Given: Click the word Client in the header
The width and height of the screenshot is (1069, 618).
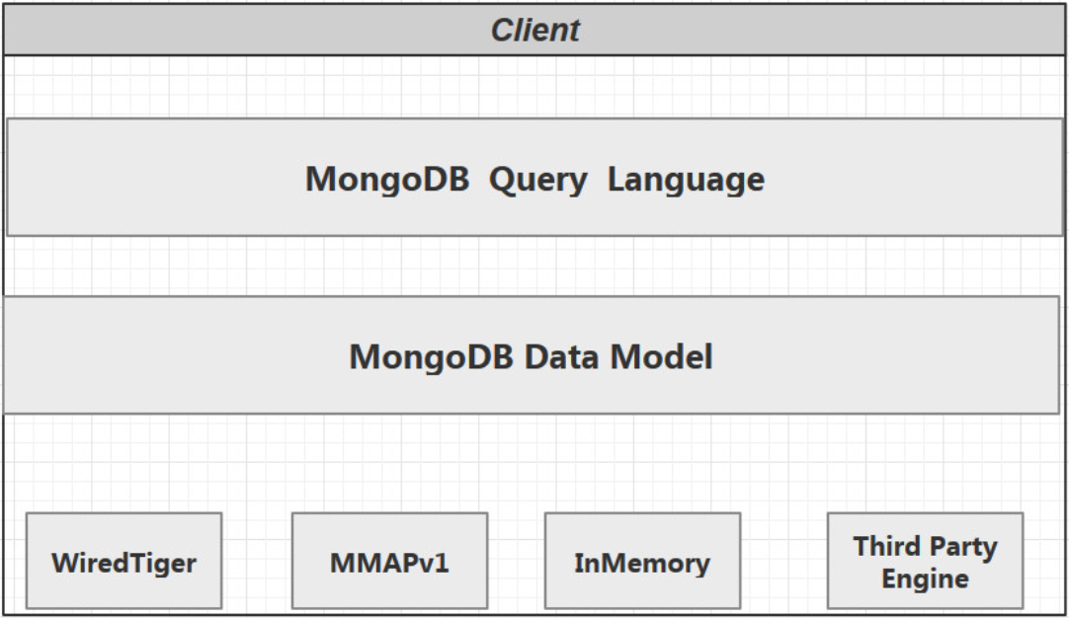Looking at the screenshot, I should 534,30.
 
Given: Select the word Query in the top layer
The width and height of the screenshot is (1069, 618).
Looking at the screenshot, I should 537,180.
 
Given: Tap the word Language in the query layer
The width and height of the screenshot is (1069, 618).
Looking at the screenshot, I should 686,180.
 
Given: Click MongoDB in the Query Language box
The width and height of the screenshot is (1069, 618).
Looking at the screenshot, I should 386,180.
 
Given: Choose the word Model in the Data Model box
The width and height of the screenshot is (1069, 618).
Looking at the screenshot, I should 661,356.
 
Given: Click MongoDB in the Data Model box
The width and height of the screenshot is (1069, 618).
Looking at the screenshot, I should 431,356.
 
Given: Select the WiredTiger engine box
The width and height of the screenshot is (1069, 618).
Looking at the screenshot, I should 123,560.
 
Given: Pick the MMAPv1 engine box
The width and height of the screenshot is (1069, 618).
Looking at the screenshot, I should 389,560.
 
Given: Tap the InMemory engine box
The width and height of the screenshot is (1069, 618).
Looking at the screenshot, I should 642,560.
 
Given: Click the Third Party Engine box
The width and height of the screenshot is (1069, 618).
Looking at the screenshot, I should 925,560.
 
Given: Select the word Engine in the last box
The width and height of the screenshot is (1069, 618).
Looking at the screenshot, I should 925,579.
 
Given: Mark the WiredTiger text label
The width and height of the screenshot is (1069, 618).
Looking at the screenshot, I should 123,564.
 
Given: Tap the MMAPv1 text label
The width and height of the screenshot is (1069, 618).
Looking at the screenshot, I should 389,564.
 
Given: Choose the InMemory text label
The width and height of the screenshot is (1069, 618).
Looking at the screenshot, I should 642,564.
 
